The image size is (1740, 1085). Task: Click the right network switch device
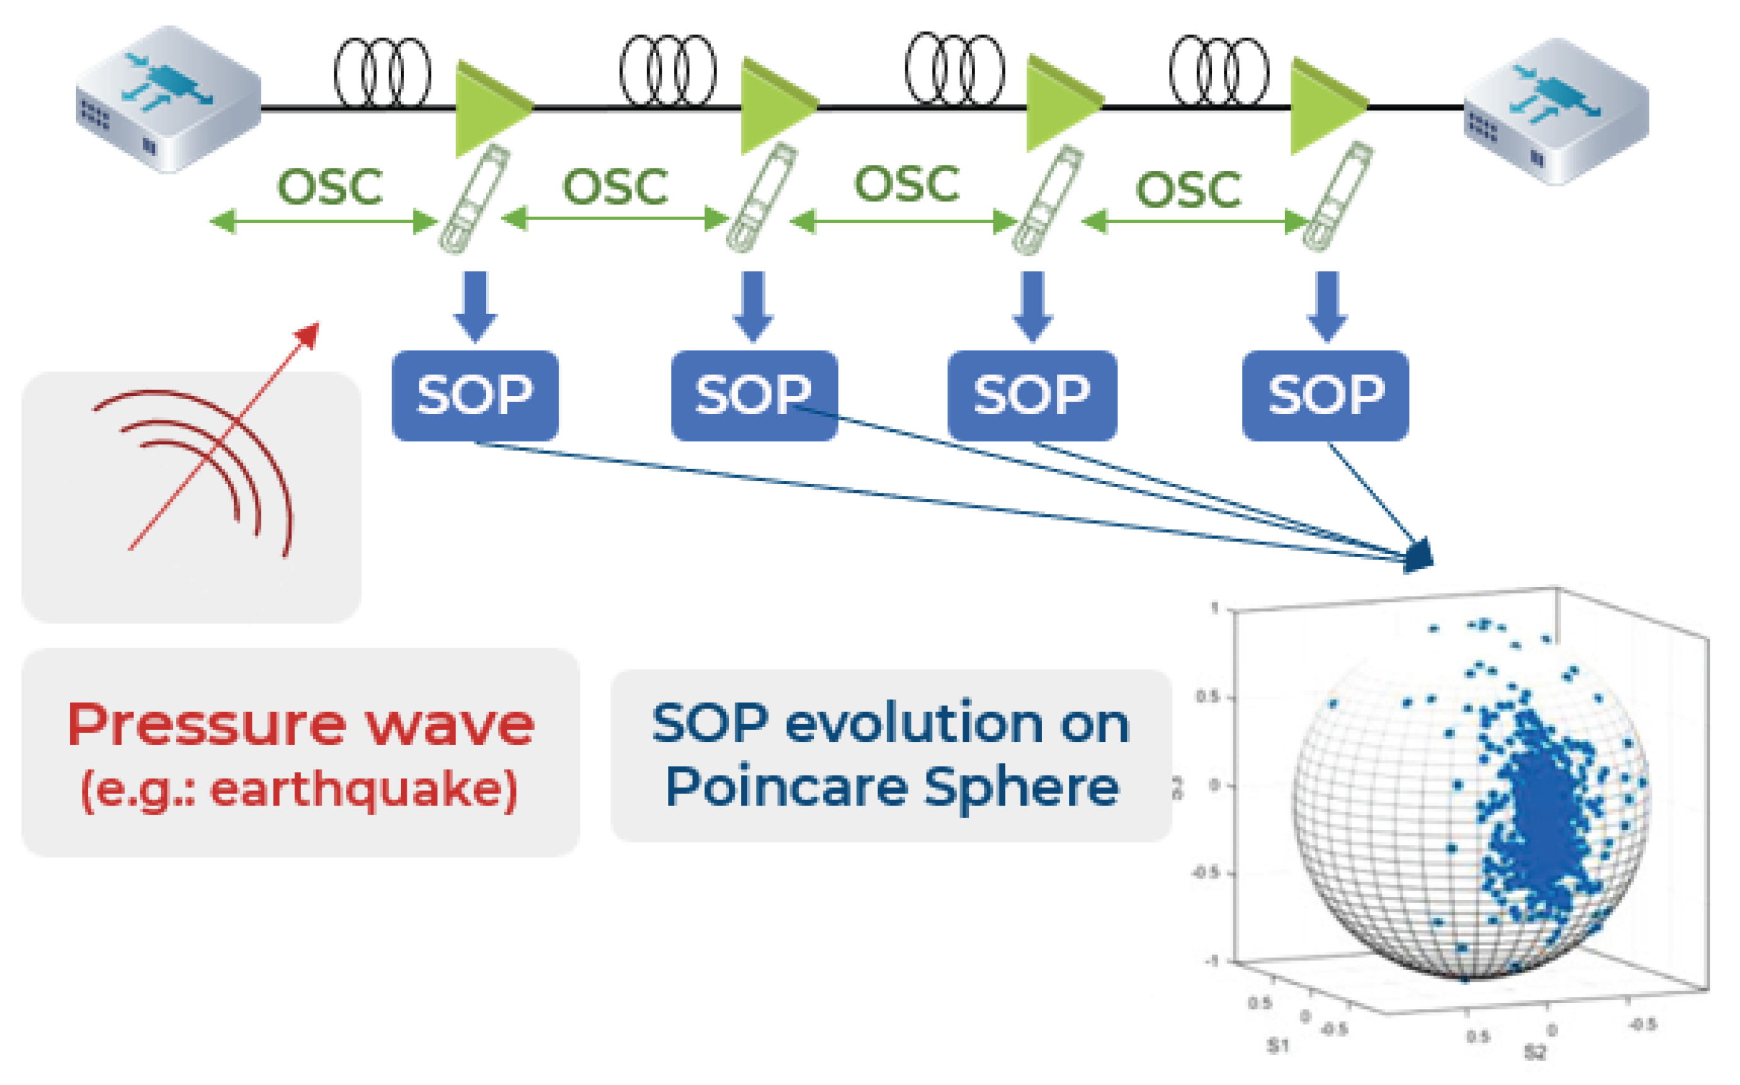[1556, 111]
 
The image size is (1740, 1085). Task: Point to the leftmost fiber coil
[382, 72]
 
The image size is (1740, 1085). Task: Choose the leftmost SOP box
[475, 395]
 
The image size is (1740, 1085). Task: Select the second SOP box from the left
[754, 395]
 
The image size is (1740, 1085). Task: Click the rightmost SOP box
[1325, 395]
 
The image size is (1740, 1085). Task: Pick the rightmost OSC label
[1188, 189]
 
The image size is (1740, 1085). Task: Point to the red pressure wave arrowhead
[309, 333]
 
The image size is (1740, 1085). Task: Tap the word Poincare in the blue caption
[786, 788]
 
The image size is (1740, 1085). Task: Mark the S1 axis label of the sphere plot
[1279, 1045]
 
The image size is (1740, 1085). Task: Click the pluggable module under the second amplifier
[761, 198]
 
